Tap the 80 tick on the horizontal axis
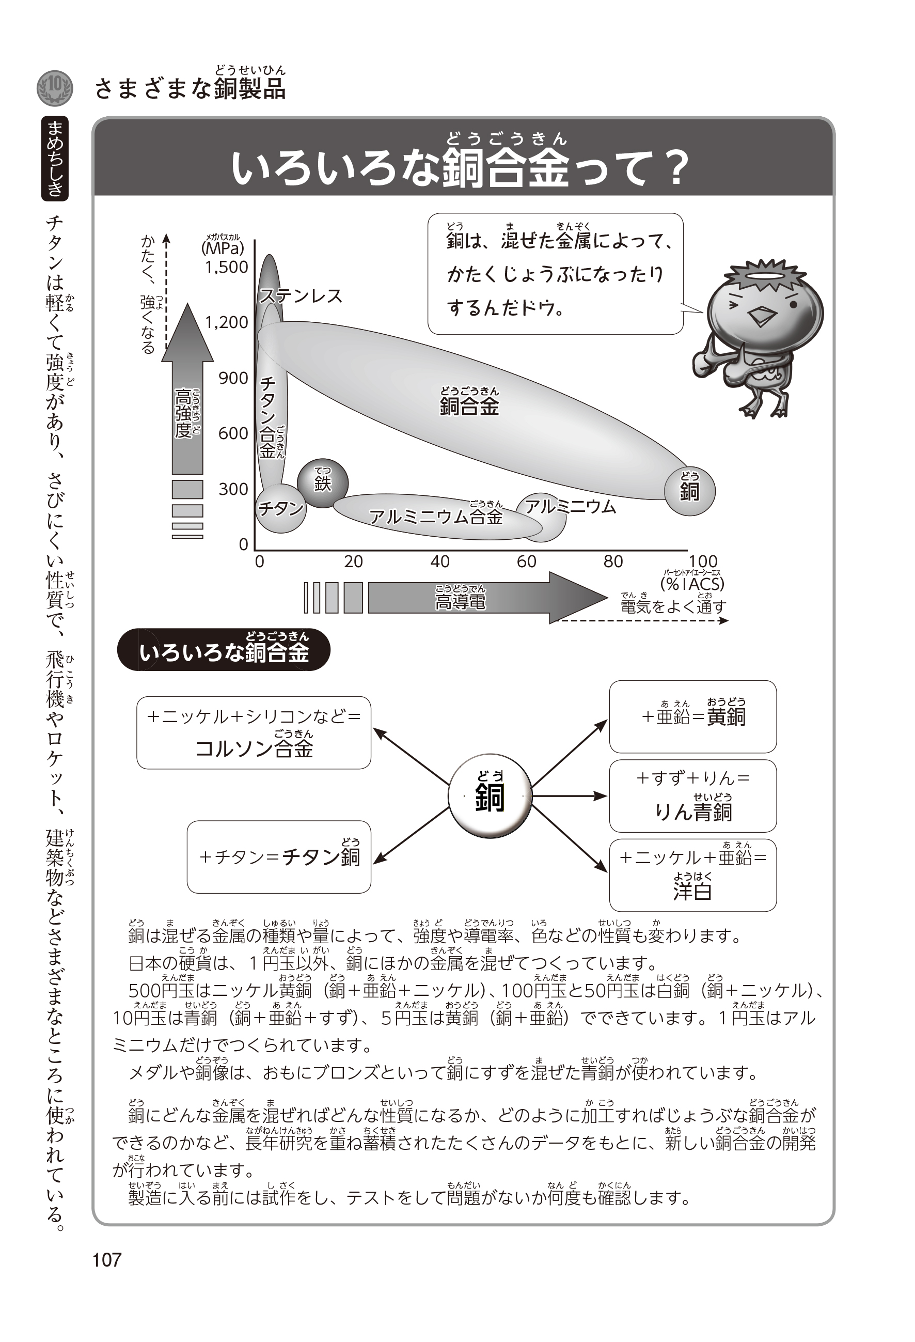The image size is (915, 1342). [613, 561]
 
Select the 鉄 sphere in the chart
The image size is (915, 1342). [323, 483]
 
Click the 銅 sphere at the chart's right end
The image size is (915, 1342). [690, 490]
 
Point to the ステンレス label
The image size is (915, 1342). [301, 296]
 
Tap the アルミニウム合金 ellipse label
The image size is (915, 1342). [436, 516]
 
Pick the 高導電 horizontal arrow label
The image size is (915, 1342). [460, 601]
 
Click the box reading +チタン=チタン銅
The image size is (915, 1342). [279, 857]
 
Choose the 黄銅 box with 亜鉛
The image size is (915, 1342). [693, 716]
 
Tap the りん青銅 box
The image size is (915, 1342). [693, 795]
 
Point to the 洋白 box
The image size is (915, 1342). [693, 876]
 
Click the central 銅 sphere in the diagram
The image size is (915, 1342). [490, 795]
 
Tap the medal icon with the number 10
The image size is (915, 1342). [55, 88]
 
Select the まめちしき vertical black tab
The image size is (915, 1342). [55, 158]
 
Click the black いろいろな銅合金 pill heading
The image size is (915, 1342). [224, 650]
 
